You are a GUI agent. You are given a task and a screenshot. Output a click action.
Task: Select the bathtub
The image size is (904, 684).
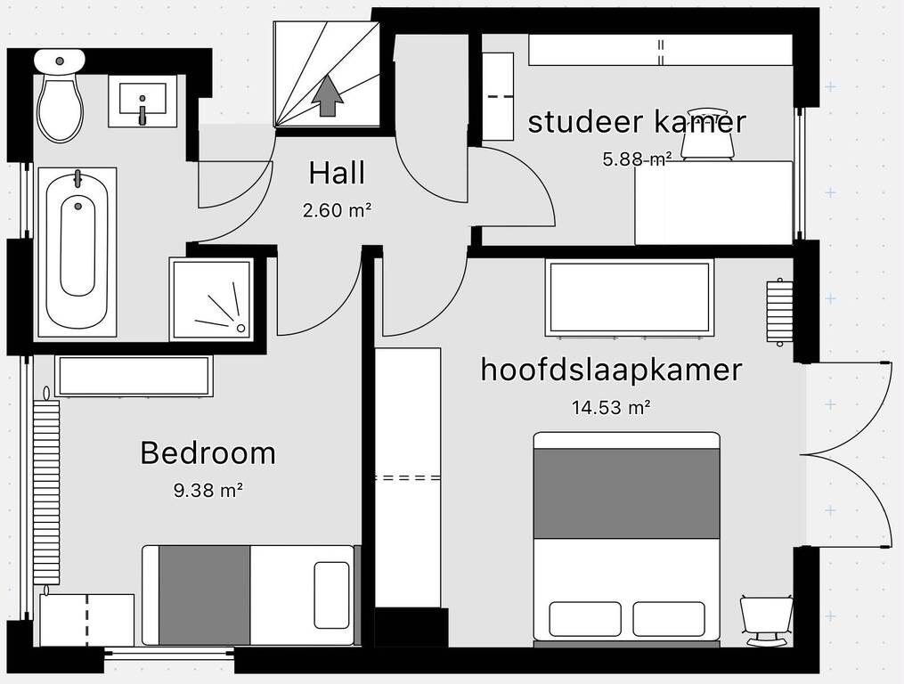tap(77, 252)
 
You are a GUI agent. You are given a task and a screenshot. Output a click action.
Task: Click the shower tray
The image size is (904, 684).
tap(212, 299)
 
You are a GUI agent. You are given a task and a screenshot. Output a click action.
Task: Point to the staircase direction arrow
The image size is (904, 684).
tap(328, 95)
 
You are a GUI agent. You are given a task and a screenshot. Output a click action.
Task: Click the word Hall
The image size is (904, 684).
tap(337, 173)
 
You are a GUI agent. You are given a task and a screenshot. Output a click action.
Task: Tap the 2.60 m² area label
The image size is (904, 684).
tap(338, 210)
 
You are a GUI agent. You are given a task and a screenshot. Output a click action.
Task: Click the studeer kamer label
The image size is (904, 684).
tap(637, 122)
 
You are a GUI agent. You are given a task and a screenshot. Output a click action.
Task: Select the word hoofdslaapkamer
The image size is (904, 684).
tap(611, 370)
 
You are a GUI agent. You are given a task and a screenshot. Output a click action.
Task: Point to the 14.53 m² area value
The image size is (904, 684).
tap(611, 408)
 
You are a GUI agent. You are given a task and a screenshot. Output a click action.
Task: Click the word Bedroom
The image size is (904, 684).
tap(208, 453)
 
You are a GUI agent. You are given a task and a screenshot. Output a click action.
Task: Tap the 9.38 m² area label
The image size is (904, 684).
tap(208, 491)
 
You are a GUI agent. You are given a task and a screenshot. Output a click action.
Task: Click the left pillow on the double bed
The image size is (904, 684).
tap(585, 619)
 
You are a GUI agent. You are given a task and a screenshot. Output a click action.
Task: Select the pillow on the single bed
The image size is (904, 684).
tap(331, 595)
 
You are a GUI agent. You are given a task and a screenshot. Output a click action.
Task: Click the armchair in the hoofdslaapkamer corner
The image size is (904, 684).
tap(767, 620)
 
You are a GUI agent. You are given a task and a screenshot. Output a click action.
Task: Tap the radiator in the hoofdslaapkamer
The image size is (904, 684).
tap(779, 312)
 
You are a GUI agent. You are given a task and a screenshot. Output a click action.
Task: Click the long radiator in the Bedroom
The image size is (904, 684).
tap(46, 492)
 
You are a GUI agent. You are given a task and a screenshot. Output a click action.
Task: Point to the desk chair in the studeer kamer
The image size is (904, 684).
tap(707, 134)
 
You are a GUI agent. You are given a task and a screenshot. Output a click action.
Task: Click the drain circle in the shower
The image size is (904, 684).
tap(241, 328)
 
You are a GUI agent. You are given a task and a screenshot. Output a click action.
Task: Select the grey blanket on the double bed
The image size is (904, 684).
tap(627, 493)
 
